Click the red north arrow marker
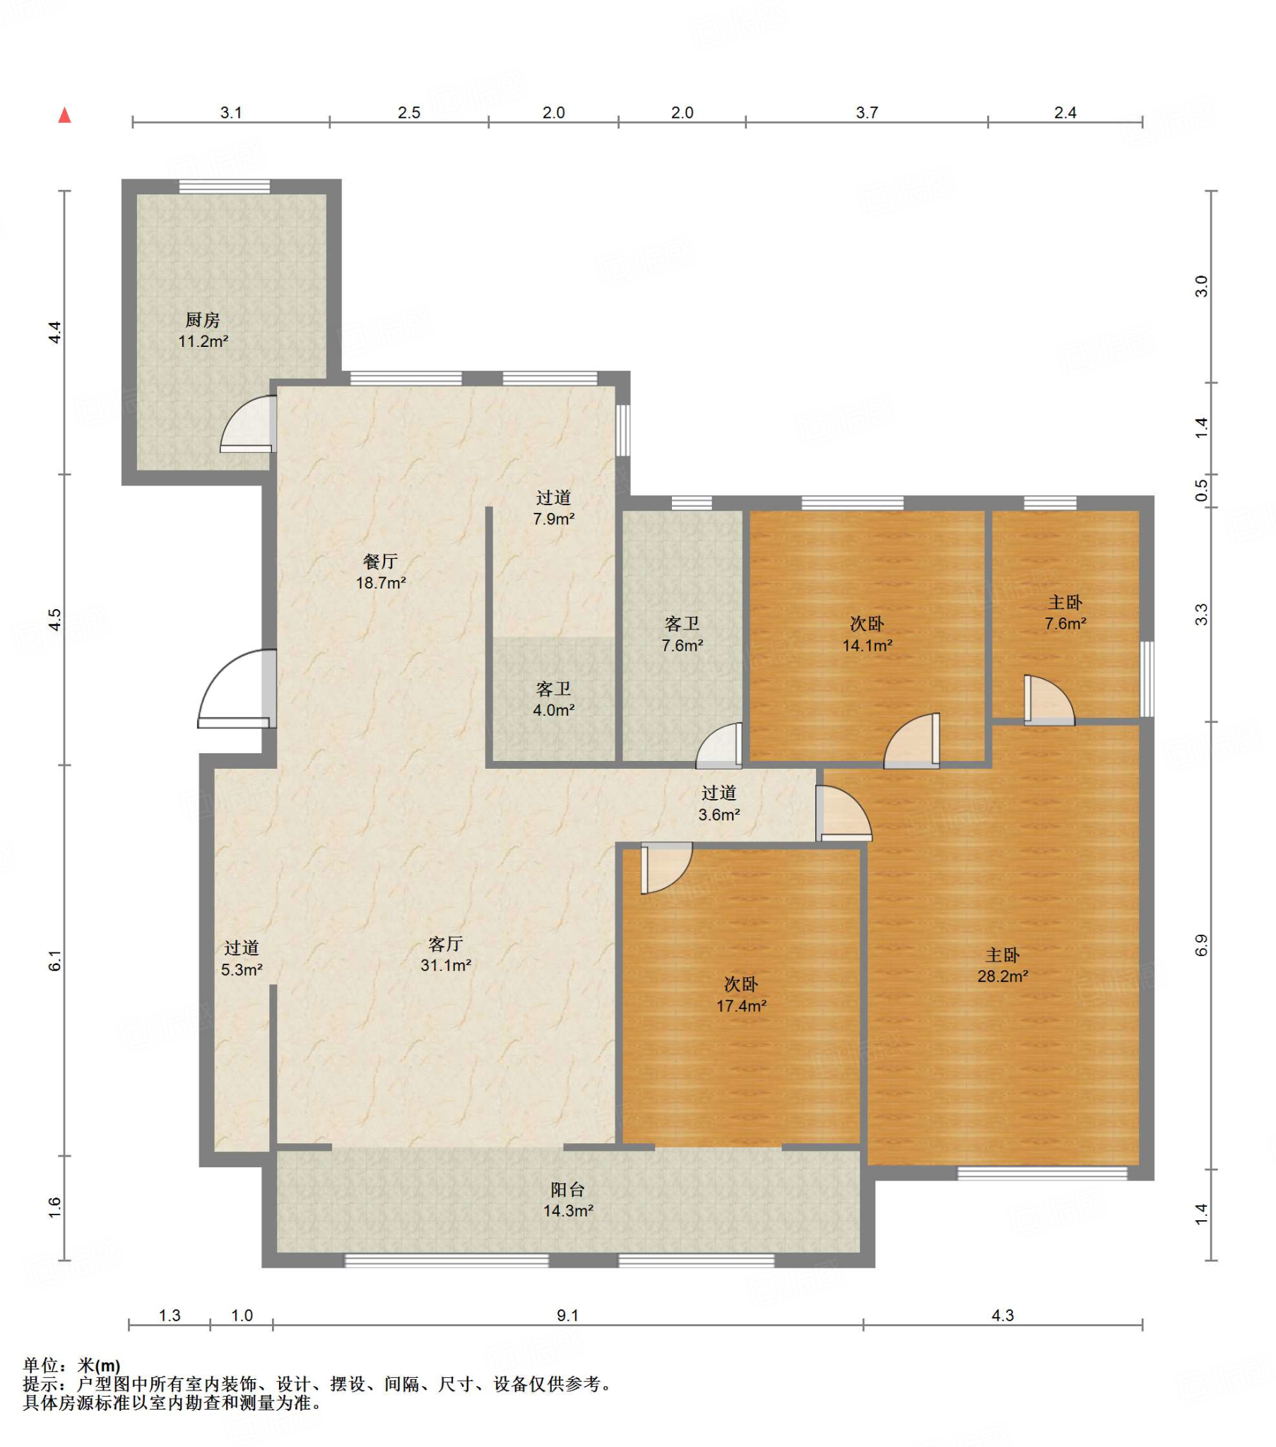tap(64, 114)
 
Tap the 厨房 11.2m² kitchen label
tap(203, 331)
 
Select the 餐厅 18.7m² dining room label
tap(381, 572)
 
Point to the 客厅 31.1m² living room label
tap(446, 955)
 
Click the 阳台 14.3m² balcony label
tap(568, 1200)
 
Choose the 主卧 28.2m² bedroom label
tap(1003, 966)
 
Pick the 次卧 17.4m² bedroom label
tap(741, 995)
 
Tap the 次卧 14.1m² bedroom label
tap(867, 634)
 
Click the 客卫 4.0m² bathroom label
tap(554, 699)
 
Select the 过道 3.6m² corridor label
tap(719, 803)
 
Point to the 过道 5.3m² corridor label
tap(242, 959)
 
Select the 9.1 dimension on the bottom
tap(568, 1316)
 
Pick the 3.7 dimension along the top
tap(867, 112)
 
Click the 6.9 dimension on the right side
tap(1201, 946)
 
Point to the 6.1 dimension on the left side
tap(55, 962)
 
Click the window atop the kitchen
tap(225, 187)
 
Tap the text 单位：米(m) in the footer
tap(71, 1366)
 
